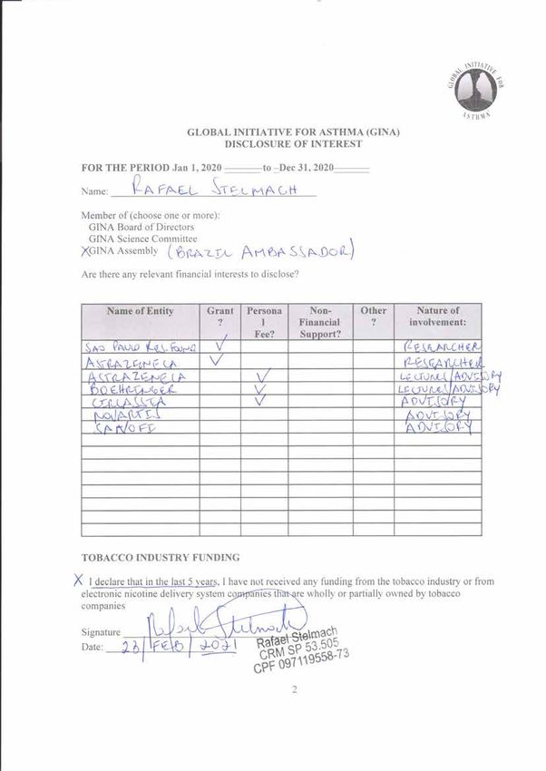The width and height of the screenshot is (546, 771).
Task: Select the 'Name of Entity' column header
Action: (141, 311)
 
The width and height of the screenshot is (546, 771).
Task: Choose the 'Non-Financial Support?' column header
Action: (319, 322)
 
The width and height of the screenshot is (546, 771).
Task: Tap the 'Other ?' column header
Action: (373, 317)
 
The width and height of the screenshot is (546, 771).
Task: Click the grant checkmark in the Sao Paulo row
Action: (221, 346)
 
